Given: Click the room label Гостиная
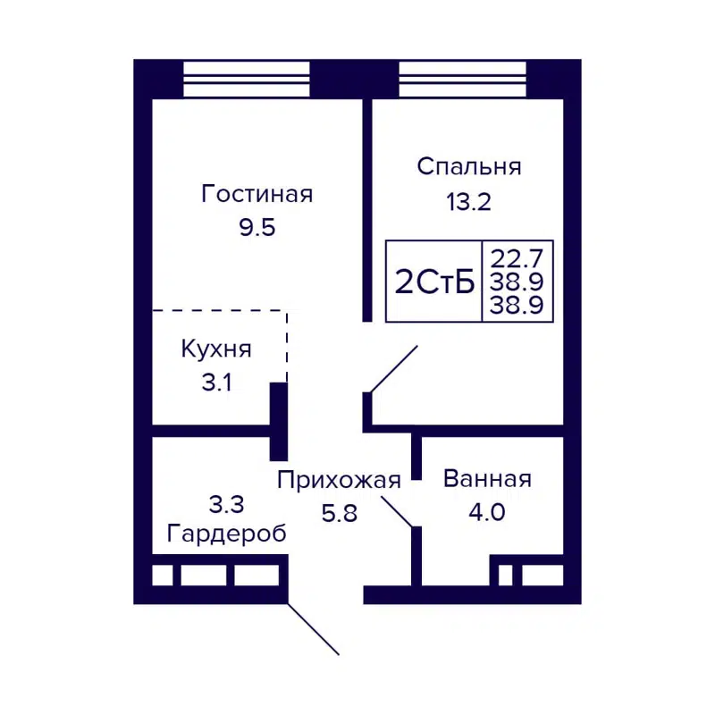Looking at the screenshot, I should [x=257, y=194].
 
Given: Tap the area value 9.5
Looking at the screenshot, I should [x=257, y=227].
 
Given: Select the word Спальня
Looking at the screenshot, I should [x=469, y=166].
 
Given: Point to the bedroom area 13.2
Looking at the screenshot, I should [x=469, y=201].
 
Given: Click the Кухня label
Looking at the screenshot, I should [x=215, y=349].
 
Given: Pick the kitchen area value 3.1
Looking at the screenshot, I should [x=215, y=383].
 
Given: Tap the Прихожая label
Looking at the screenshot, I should [x=338, y=481].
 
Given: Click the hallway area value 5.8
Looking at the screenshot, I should [x=338, y=515].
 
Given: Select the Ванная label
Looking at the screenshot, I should [x=487, y=479].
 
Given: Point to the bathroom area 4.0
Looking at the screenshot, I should [x=487, y=514].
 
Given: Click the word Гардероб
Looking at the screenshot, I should [x=227, y=534].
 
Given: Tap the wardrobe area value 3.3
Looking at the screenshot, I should [x=226, y=505].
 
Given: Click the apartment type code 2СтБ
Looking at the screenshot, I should [x=433, y=282].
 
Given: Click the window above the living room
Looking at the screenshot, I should [x=246, y=80].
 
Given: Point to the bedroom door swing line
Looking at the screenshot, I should [x=394, y=369].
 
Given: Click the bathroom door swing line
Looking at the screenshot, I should [x=397, y=509].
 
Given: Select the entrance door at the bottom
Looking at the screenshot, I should [x=313, y=629].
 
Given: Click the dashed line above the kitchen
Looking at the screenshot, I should [x=219, y=311].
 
